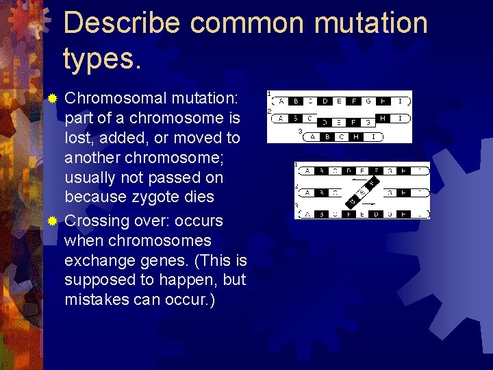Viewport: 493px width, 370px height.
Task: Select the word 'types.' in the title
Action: [x=102, y=58]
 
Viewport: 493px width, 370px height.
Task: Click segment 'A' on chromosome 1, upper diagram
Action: [x=281, y=101]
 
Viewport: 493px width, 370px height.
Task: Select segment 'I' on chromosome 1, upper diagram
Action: [x=400, y=101]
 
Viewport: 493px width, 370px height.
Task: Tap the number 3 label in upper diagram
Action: [x=299, y=130]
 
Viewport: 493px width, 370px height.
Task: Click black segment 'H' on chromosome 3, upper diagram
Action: [x=356, y=136]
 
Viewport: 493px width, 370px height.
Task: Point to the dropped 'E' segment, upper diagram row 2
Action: [x=339, y=123]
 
